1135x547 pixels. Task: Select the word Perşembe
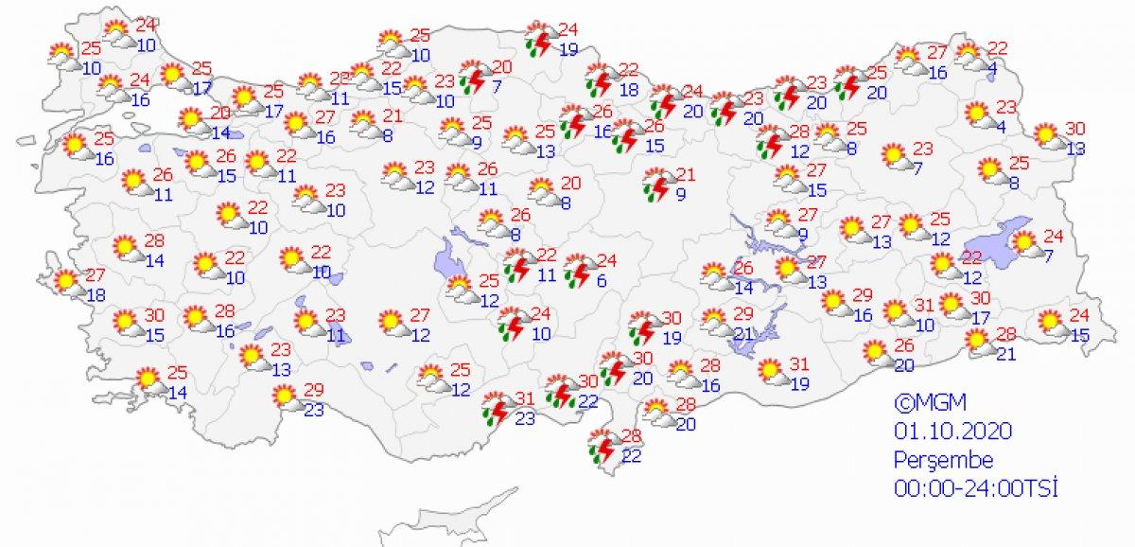coord(943,460)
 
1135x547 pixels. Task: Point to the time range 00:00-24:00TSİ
coord(975,489)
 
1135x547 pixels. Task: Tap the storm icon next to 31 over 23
coord(496,406)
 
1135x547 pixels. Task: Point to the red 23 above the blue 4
coord(1005,108)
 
